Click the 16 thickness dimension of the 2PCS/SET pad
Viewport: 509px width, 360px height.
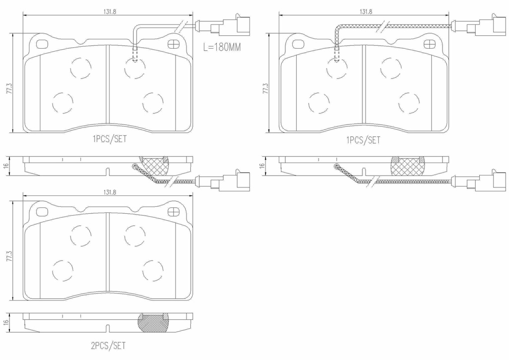point(6,322)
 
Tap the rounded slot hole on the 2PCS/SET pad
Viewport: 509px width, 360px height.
point(42,212)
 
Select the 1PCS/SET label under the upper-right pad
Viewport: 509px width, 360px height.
point(363,140)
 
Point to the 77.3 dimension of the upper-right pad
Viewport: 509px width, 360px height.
point(265,90)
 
